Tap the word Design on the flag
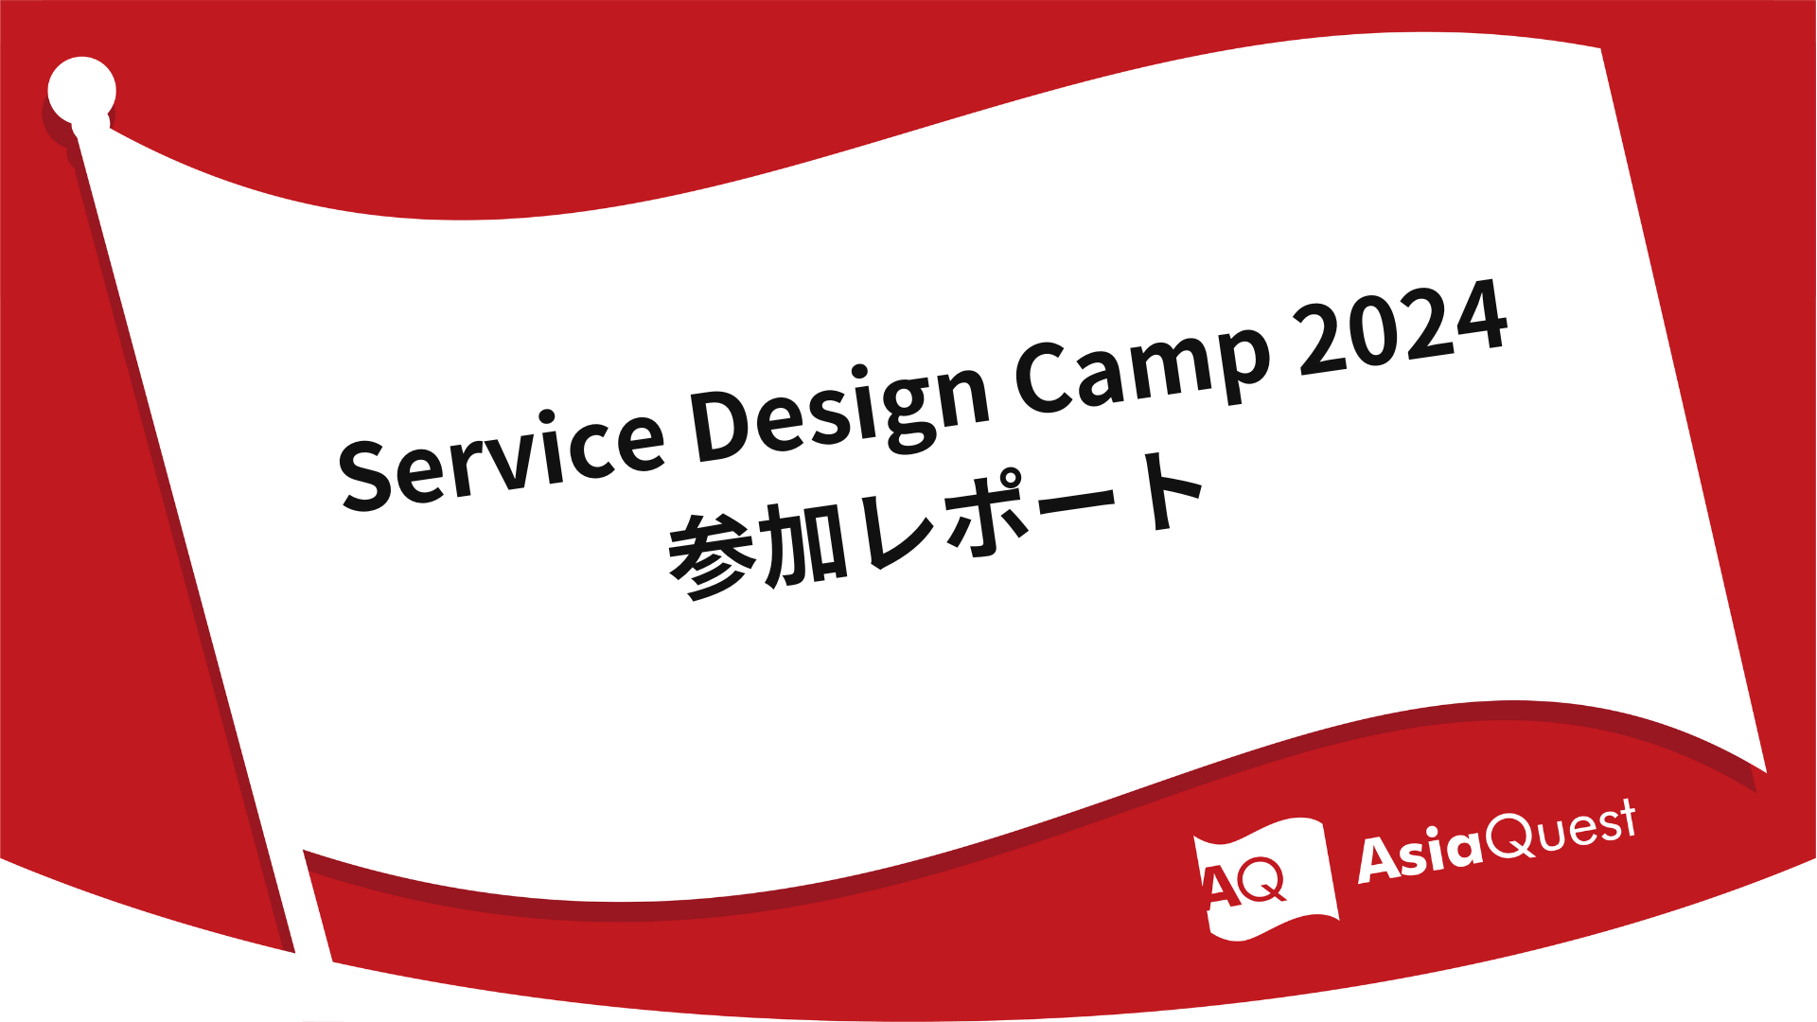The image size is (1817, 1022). coord(838,407)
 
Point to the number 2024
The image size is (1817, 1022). coord(1403,326)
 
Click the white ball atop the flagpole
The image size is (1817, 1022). coord(82,91)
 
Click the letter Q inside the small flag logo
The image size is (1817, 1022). coord(1264,880)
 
